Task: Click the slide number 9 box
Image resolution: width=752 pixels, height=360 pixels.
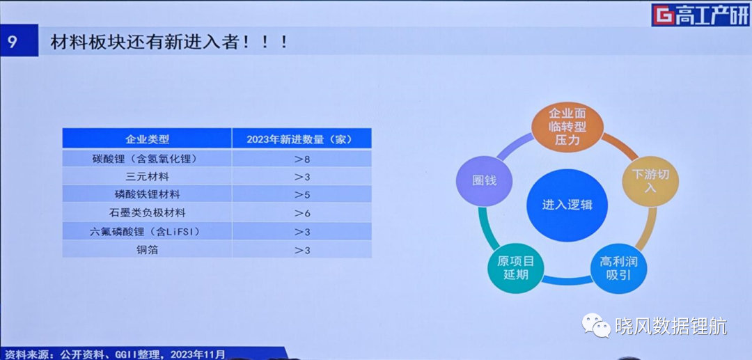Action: [x=19, y=41]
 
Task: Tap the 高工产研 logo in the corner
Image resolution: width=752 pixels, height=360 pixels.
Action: [x=700, y=15]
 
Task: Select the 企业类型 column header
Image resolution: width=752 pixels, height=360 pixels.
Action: [x=147, y=139]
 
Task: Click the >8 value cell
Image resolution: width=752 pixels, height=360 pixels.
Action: [x=301, y=158]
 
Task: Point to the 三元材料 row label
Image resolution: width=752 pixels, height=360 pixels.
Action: [x=147, y=176]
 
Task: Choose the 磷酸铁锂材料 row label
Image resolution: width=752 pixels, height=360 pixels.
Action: [x=147, y=194]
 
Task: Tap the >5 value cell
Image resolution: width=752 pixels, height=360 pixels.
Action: [x=301, y=194]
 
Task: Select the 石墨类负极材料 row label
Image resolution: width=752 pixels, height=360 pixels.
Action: [x=147, y=213]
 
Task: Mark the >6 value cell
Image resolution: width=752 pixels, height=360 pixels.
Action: [x=301, y=213]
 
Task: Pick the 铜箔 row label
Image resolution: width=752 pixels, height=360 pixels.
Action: [x=147, y=250]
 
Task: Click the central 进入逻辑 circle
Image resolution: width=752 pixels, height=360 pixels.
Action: [x=567, y=205]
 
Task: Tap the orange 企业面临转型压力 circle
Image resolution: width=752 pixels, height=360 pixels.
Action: [x=567, y=127]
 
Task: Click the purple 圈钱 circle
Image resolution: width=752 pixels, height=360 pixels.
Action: [x=483, y=181]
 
